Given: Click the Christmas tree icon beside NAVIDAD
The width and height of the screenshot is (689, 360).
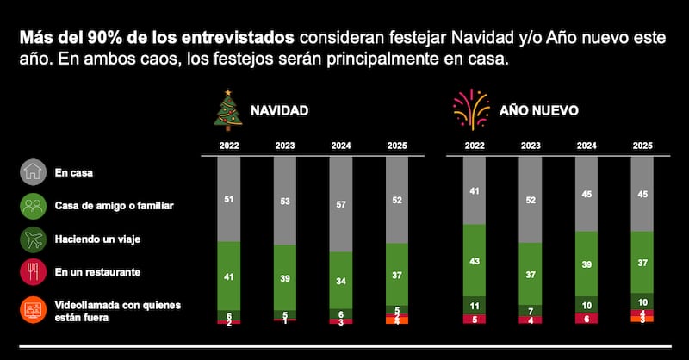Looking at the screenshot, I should pyautogui.click(x=227, y=110).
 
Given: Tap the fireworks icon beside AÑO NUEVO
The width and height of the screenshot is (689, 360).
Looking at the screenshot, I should pyautogui.click(x=469, y=110).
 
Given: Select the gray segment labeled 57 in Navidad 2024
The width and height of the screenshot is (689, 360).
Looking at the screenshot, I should pyautogui.click(x=341, y=205).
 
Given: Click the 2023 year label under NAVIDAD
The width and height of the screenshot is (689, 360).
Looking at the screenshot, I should pyautogui.click(x=285, y=146).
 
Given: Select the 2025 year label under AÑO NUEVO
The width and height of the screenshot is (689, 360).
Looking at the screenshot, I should pyautogui.click(x=642, y=146).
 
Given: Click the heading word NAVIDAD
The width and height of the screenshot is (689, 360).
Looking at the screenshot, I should pyautogui.click(x=279, y=111).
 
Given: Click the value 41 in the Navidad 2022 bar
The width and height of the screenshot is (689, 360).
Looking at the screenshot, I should pyautogui.click(x=229, y=277).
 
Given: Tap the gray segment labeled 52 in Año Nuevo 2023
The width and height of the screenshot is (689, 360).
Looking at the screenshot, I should pyautogui.click(x=531, y=200).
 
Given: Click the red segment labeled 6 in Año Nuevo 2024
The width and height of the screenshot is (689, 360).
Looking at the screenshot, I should pyautogui.click(x=587, y=318).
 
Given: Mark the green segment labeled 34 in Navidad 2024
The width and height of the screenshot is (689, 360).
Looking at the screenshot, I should pyautogui.click(x=341, y=281).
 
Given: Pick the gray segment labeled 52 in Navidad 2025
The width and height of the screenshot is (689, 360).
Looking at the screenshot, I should pyautogui.click(x=397, y=200).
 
